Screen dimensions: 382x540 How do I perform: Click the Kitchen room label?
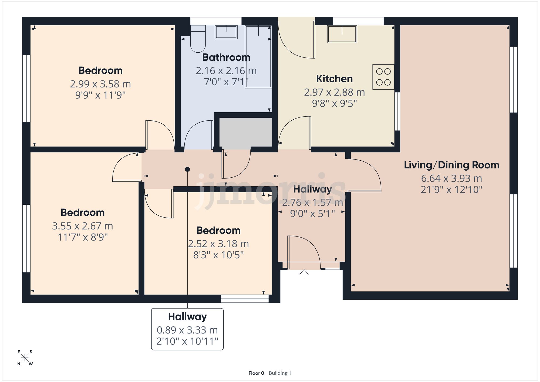[x=334, y=79]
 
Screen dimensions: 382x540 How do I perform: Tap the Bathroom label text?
[x=226, y=57]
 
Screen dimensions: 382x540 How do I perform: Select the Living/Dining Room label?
[x=451, y=165]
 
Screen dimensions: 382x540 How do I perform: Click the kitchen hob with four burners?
[x=383, y=77]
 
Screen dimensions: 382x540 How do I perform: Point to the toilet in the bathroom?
[x=198, y=40]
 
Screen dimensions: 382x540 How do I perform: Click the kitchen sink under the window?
[x=342, y=34]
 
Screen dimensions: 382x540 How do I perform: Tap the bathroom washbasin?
[x=226, y=32]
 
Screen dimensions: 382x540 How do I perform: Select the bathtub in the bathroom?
[x=258, y=57]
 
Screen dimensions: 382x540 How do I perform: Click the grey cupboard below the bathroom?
[x=245, y=132]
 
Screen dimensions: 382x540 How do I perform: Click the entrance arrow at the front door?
[x=304, y=273]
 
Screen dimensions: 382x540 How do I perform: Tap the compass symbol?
[x=25, y=358]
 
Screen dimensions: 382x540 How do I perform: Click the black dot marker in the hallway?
[x=187, y=169]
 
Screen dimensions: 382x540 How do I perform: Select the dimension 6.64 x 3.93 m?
[x=451, y=178]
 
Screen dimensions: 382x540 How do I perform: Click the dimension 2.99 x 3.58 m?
[x=100, y=84]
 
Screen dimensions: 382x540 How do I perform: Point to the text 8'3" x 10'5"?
[x=218, y=255]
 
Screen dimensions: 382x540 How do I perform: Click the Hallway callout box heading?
[x=187, y=316]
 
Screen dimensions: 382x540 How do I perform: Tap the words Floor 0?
[x=256, y=373]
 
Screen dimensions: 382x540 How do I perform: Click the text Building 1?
[x=280, y=373]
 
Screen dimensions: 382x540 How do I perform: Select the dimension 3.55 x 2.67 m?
[x=82, y=226]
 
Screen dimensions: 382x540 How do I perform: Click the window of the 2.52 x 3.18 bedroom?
[x=245, y=298]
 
